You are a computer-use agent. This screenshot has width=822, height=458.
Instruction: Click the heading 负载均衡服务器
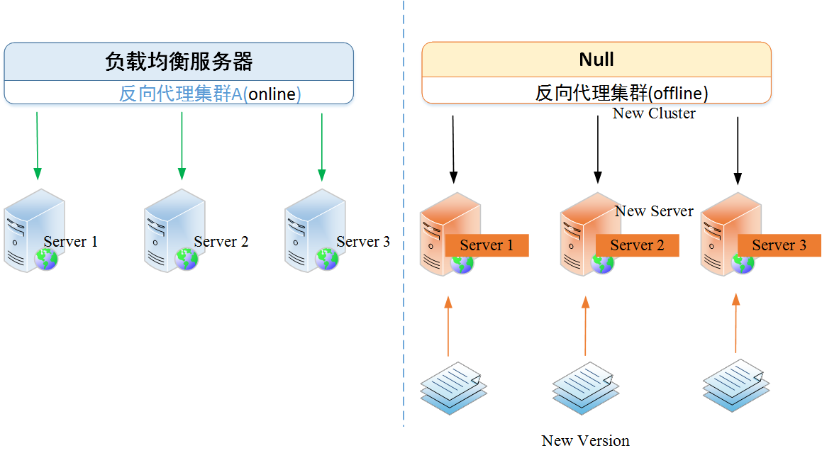coord(179,62)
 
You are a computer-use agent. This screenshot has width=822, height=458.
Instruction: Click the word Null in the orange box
coord(596,60)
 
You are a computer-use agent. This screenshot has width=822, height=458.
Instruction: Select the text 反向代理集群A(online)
coord(210,94)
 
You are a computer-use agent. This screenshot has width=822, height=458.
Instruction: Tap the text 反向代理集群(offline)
coord(621,93)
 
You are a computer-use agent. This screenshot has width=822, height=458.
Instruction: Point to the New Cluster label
coord(654,113)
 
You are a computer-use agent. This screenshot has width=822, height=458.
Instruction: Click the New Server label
coord(654,211)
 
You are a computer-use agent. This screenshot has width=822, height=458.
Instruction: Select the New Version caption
coord(585,441)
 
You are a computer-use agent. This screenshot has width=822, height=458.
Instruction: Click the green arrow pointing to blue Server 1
coord(37,145)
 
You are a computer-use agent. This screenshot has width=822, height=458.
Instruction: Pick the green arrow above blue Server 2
coord(182,145)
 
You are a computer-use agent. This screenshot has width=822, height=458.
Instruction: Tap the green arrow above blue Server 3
coord(322,145)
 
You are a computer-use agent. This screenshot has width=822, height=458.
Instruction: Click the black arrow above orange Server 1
coord(454,149)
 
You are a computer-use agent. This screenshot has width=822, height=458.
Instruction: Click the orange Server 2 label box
coord(637,245)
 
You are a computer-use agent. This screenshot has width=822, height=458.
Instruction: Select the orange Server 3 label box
coord(779,245)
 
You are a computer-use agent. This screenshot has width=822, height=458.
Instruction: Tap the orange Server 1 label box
coord(487,245)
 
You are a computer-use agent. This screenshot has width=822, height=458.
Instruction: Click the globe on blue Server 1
coord(45,259)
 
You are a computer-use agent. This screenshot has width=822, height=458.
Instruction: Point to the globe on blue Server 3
coord(327,259)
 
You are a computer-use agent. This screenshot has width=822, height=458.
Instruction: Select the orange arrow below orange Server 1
coord(448,326)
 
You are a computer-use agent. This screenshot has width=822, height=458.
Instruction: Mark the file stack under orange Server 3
coord(735,386)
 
